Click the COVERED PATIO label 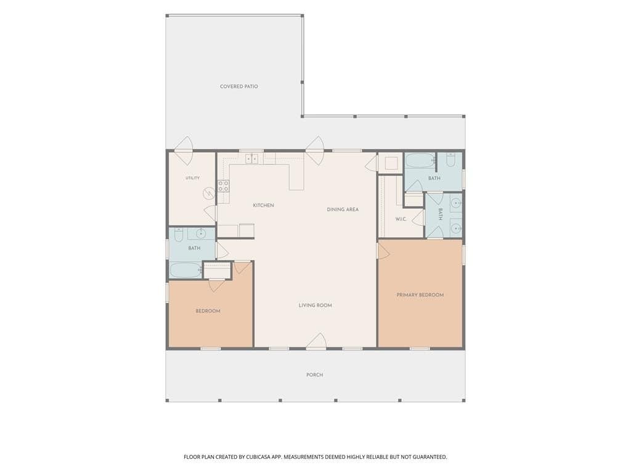coord(238,86)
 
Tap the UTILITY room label coord(192,178)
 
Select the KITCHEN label coord(263,206)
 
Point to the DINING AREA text coord(343,209)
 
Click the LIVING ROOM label coord(315,305)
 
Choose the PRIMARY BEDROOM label coord(420,295)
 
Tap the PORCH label coord(315,375)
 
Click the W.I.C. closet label coord(401,219)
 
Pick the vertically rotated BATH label coord(440,214)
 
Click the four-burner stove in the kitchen coord(223,186)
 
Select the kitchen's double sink coord(252,158)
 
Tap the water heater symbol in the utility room coord(209,193)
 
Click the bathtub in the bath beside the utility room coord(185,270)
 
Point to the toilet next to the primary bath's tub coord(450,160)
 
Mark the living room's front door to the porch coord(316,341)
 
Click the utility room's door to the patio coord(184,150)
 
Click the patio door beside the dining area coord(315,150)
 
